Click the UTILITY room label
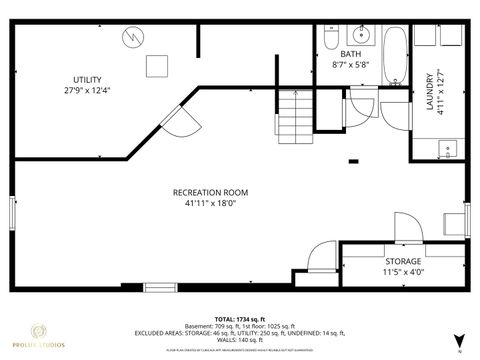pyautogui.click(x=87, y=79)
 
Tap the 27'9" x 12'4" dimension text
pyautogui.click(x=87, y=91)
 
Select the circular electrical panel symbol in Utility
pyautogui.click(x=132, y=38)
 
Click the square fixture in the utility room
pyautogui.click(x=155, y=66)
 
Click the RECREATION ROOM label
pyautogui.click(x=210, y=191)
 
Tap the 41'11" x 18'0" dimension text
pyautogui.click(x=210, y=203)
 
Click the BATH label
pyautogui.click(x=350, y=53)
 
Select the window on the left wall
pyautogui.click(x=13, y=215)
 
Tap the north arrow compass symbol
pyautogui.click(x=458, y=341)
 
